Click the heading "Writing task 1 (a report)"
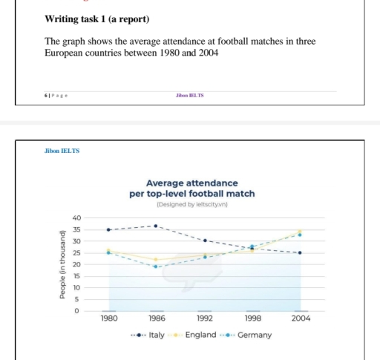(x=96, y=18)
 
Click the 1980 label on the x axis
(x=109, y=318)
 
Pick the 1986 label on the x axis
(x=157, y=318)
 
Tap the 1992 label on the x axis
(x=204, y=318)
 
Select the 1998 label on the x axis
(x=252, y=318)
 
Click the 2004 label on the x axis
(x=300, y=318)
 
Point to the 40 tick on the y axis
(x=76, y=217)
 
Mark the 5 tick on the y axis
(x=77, y=299)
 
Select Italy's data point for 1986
(x=156, y=226)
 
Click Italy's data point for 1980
(x=108, y=230)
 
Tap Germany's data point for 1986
(x=156, y=266)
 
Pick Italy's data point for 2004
(x=300, y=253)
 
